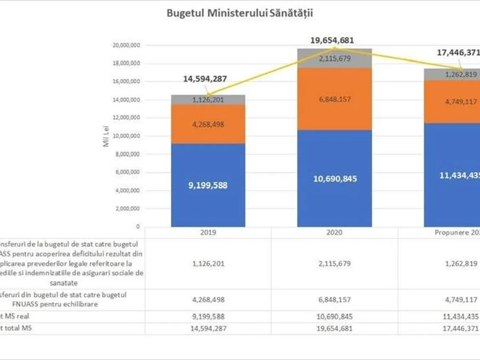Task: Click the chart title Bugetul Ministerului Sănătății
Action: [240, 13]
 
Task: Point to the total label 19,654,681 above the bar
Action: [332, 40]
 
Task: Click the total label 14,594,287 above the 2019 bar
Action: [205, 79]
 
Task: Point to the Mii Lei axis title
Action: [106, 136]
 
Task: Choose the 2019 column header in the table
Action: [208, 233]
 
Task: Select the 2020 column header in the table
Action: [334, 233]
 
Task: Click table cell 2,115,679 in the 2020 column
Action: [334, 264]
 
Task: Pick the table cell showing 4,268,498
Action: [208, 300]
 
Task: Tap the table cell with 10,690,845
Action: [334, 316]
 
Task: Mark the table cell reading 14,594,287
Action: [208, 328]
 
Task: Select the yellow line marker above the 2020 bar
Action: [335, 48]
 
